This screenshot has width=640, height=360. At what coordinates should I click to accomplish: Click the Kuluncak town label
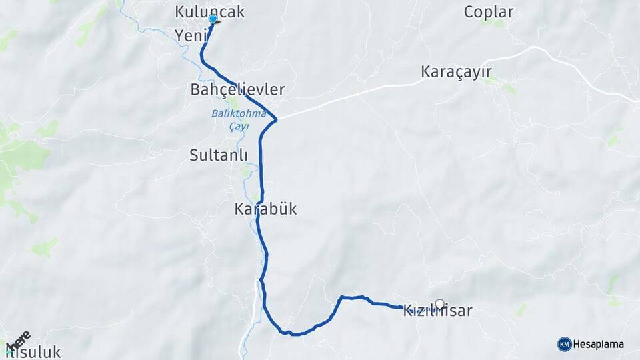[x=209, y=11]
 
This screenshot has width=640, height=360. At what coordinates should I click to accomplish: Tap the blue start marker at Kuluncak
[x=213, y=19]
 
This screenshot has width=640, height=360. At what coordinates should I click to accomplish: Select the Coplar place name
[x=489, y=11]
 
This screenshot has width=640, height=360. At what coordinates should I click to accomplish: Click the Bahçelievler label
[x=237, y=89]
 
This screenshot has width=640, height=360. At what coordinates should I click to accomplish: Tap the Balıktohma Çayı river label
[x=239, y=118]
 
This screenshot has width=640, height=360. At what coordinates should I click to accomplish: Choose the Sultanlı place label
[x=219, y=155]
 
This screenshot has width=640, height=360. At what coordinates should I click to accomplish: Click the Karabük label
[x=265, y=209]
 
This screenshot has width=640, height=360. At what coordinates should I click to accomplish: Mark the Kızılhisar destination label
[x=438, y=311]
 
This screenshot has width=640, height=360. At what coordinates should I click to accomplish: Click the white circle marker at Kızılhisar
[x=439, y=304]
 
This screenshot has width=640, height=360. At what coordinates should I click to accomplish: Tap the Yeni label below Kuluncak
[x=191, y=35]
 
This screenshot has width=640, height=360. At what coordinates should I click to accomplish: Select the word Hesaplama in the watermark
[x=599, y=345]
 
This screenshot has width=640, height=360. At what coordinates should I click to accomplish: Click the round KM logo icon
[x=564, y=345]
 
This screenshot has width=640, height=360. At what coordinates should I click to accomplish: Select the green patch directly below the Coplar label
[x=494, y=23]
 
